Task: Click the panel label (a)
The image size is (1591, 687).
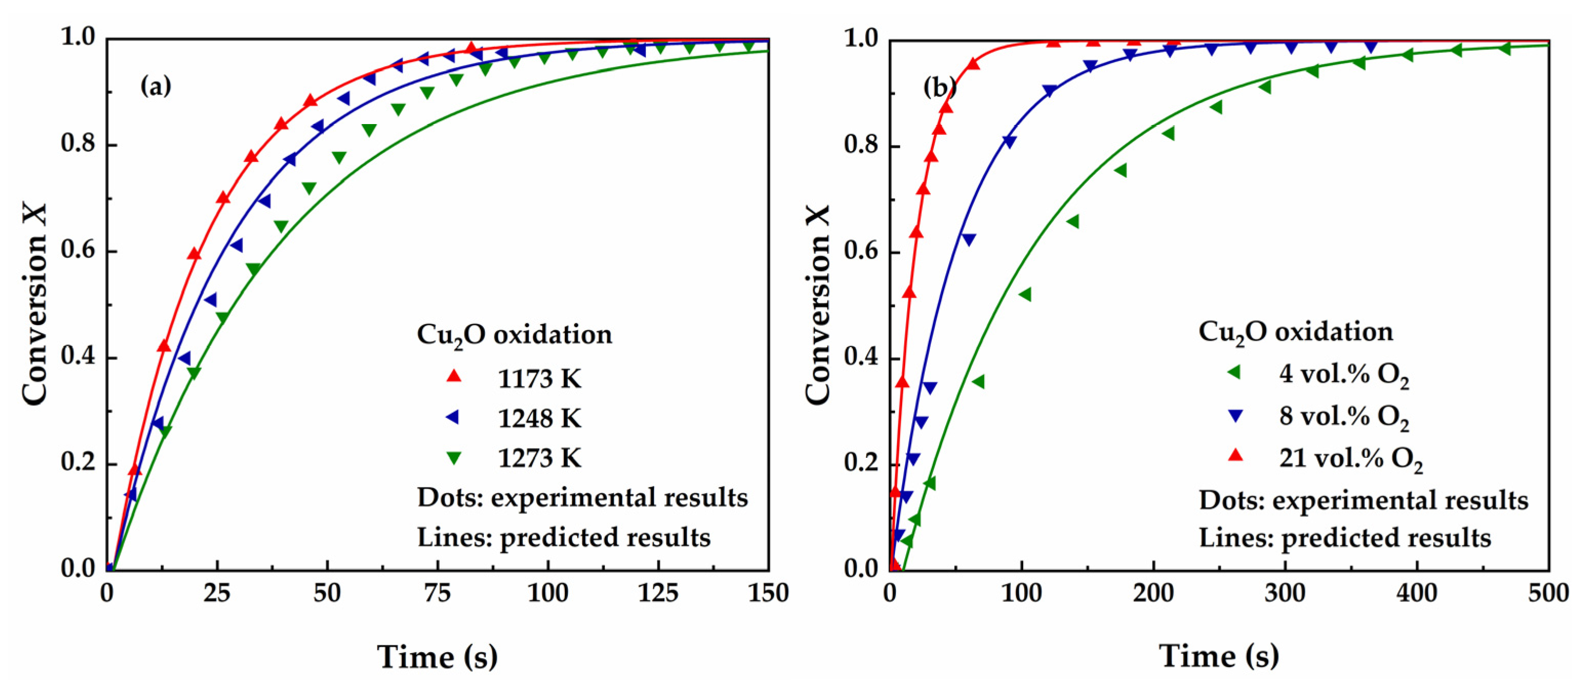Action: click(156, 86)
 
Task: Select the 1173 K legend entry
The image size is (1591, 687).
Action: click(539, 378)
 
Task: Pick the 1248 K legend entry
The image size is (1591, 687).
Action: click(539, 418)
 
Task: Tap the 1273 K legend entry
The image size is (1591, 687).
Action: click(539, 458)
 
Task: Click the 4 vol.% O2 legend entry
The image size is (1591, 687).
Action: click(1343, 374)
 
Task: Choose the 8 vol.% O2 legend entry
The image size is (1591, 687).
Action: click(1343, 416)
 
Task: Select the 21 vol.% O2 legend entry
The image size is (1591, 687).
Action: click(1350, 458)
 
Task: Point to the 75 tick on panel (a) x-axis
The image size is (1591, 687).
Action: click(437, 594)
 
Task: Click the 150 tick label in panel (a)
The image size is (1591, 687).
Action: click(768, 594)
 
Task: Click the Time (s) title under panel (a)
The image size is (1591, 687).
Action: click(437, 656)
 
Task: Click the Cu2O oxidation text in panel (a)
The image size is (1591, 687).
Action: click(515, 335)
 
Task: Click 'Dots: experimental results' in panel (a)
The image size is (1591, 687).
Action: click(582, 497)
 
